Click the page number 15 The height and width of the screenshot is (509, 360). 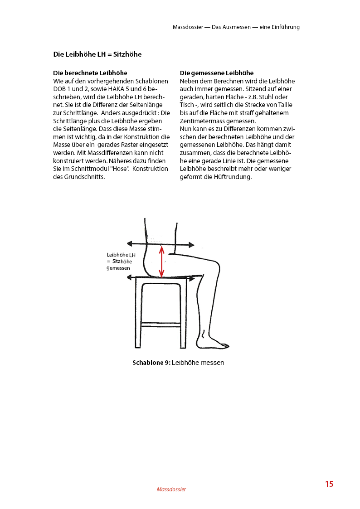click(329, 484)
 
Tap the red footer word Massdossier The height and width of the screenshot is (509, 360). click(171, 489)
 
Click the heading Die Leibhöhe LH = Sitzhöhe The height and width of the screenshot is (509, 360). click(97, 54)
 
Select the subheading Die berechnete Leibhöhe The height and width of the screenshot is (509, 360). click(90, 73)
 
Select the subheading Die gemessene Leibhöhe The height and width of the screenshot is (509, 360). click(217, 73)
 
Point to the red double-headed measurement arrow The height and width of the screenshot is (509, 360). click(161, 261)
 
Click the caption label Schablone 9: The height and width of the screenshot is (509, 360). click(151, 363)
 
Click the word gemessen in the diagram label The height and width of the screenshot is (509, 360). click(118, 268)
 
